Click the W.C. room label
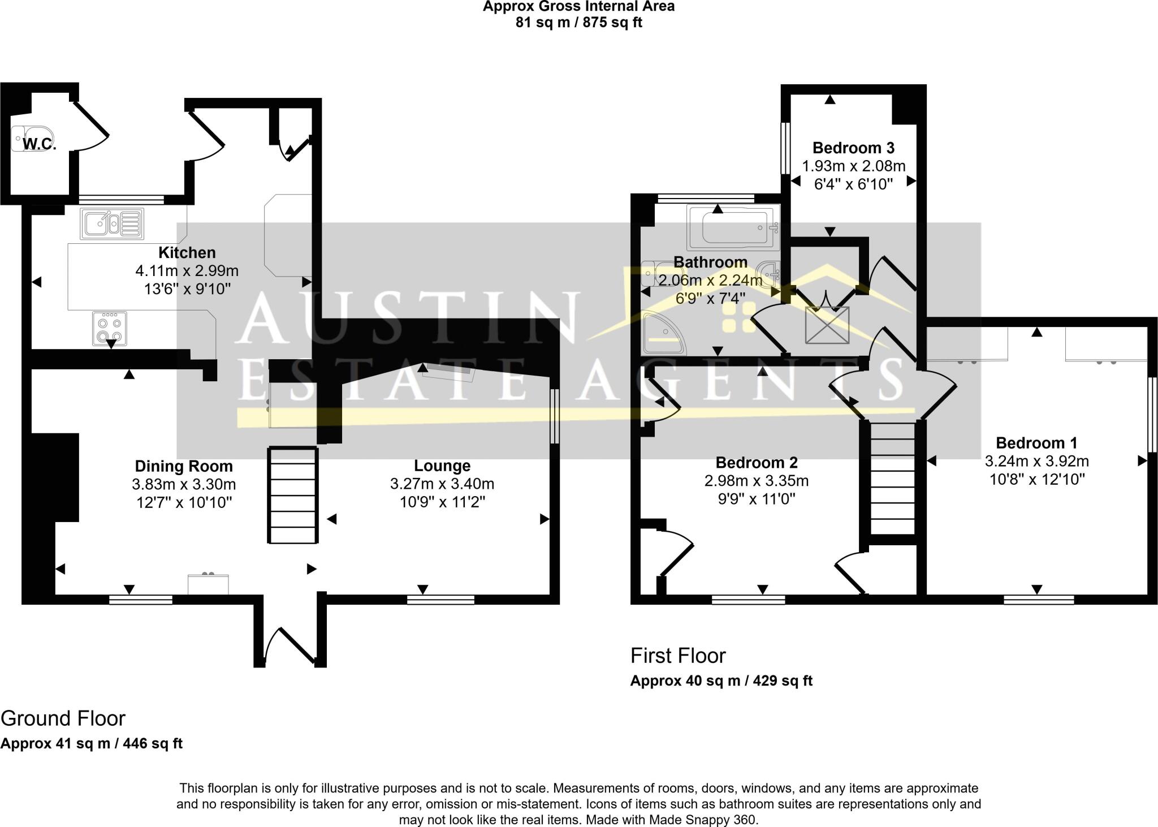tap(40, 144)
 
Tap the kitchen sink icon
tap(113, 223)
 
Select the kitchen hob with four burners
tap(110, 329)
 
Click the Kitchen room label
tap(187, 252)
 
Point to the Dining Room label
tap(184, 466)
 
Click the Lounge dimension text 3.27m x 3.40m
tap(442, 484)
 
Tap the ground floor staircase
tap(292, 495)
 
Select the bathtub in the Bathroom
tap(733, 227)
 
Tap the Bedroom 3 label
tap(853, 148)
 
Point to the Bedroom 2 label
tap(757, 463)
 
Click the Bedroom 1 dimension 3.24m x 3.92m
tap(1036, 461)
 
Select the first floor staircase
tap(892, 478)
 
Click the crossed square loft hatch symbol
tap(827, 325)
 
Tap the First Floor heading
tap(678, 656)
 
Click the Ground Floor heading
tap(63, 718)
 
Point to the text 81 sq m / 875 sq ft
tap(578, 23)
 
